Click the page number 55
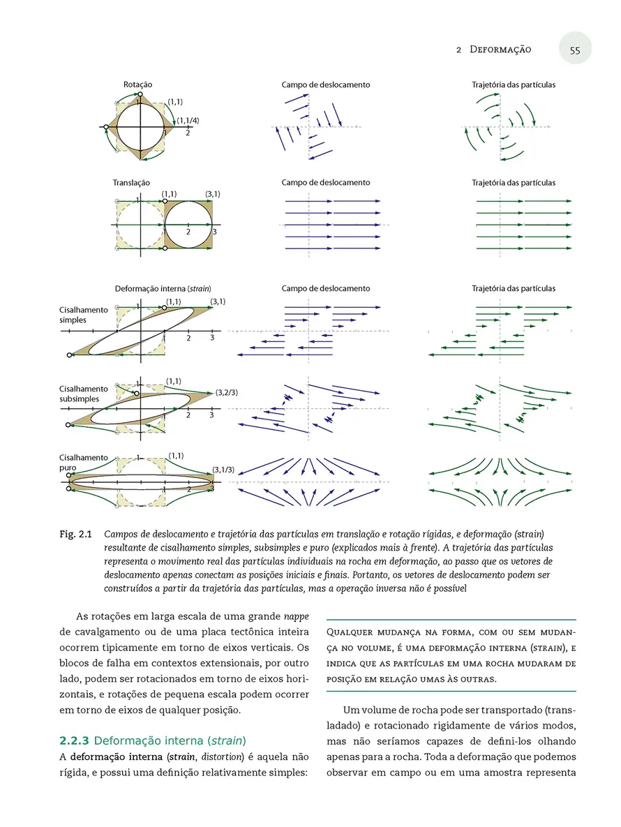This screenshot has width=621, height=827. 575,50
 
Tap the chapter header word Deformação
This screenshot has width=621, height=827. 500,50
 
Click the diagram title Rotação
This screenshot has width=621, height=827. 138,84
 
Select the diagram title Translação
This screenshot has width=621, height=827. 131,183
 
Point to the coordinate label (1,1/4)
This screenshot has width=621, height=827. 188,120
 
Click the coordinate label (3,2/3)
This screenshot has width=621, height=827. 227,392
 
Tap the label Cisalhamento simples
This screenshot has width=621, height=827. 83,315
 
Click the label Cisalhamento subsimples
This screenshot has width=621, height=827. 83,394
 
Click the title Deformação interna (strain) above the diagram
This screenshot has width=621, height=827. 163,288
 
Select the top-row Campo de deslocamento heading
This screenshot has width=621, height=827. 326,85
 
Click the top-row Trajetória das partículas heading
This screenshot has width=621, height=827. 514,85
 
